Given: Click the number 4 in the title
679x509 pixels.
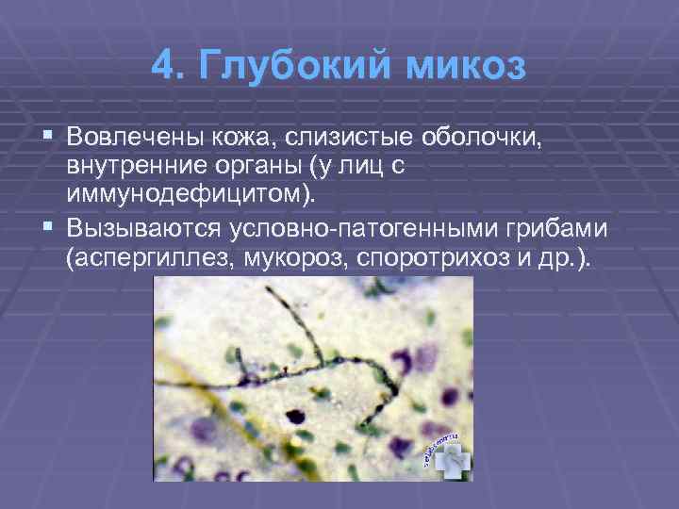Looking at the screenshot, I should (x=162, y=68).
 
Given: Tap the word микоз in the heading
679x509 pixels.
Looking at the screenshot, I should (x=465, y=68).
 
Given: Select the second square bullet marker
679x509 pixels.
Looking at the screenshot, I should (x=49, y=229).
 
